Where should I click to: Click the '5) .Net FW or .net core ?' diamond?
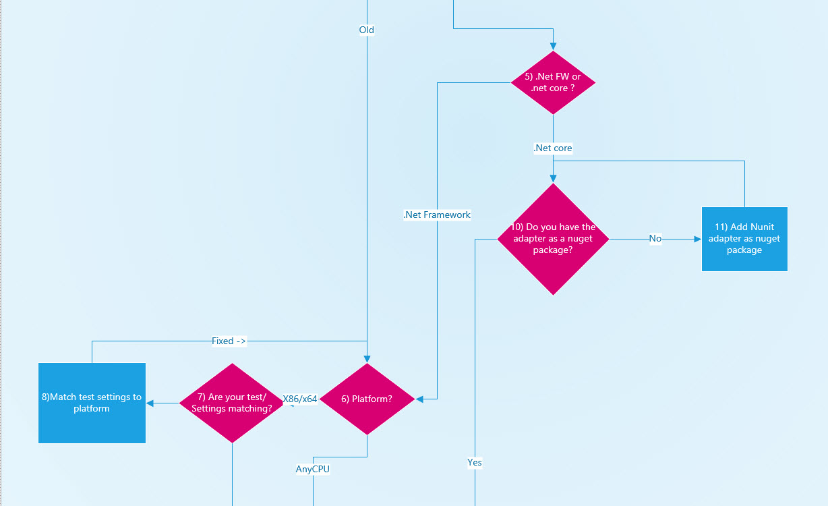coord(553,82)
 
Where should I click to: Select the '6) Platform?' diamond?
coord(367,399)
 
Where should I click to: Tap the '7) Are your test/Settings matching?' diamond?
coord(232,403)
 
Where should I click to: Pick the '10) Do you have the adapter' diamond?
coord(553,239)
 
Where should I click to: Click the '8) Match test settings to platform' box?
coord(92,403)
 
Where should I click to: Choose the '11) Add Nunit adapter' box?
coord(744,239)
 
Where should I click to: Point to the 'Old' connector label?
coord(367,30)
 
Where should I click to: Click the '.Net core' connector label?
coord(553,148)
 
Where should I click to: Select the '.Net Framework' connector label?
coord(437,215)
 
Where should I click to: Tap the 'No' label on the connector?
coord(655,239)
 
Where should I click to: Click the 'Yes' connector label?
coord(475,463)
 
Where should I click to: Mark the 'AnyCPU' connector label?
coord(313,469)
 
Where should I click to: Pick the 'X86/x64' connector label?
coord(300,399)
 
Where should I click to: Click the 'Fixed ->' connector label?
coord(229,341)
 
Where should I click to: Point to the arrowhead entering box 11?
coord(697,239)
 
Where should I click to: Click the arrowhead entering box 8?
coord(150,403)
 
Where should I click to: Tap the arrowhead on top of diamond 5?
coord(553,47)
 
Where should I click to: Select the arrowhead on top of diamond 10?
coord(553,179)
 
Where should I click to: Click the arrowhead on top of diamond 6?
coord(367,359)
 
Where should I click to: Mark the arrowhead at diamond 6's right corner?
coord(420,399)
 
